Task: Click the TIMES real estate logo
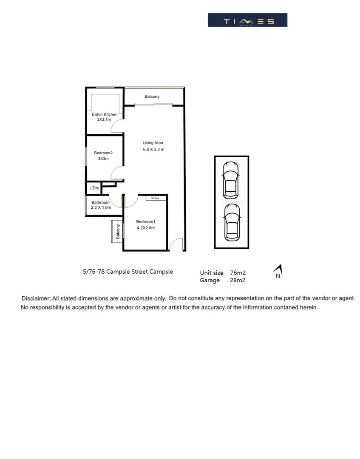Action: point(247,20)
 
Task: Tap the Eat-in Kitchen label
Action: point(105,114)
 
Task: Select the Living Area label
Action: point(153,143)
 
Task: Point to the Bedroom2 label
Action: point(103,153)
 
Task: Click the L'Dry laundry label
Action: point(94,188)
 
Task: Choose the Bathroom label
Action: point(100,202)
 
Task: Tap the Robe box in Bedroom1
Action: point(155,198)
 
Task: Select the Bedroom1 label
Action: point(146,221)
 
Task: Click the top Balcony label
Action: point(152,96)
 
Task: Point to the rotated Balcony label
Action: point(118,232)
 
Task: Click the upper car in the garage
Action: point(231,179)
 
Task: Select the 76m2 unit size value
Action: point(238,273)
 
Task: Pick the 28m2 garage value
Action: point(238,280)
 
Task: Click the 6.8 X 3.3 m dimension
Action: point(153,149)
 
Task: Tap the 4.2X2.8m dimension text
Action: point(146,228)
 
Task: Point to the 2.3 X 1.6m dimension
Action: point(101,207)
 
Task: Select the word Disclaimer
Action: point(36,299)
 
